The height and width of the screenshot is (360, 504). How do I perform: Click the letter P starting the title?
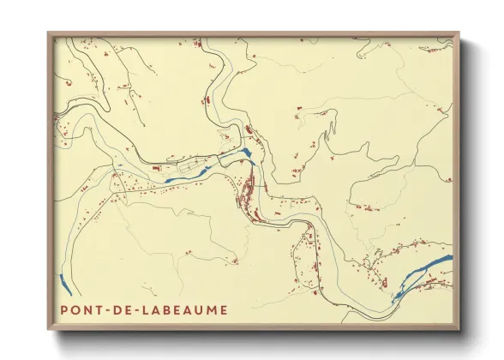[x=64, y=309]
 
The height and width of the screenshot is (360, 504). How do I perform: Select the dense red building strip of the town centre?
[x=249, y=193]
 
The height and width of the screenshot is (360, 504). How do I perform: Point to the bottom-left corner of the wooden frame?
[x=48, y=329]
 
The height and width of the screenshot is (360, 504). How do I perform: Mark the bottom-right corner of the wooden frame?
[x=459, y=329]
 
